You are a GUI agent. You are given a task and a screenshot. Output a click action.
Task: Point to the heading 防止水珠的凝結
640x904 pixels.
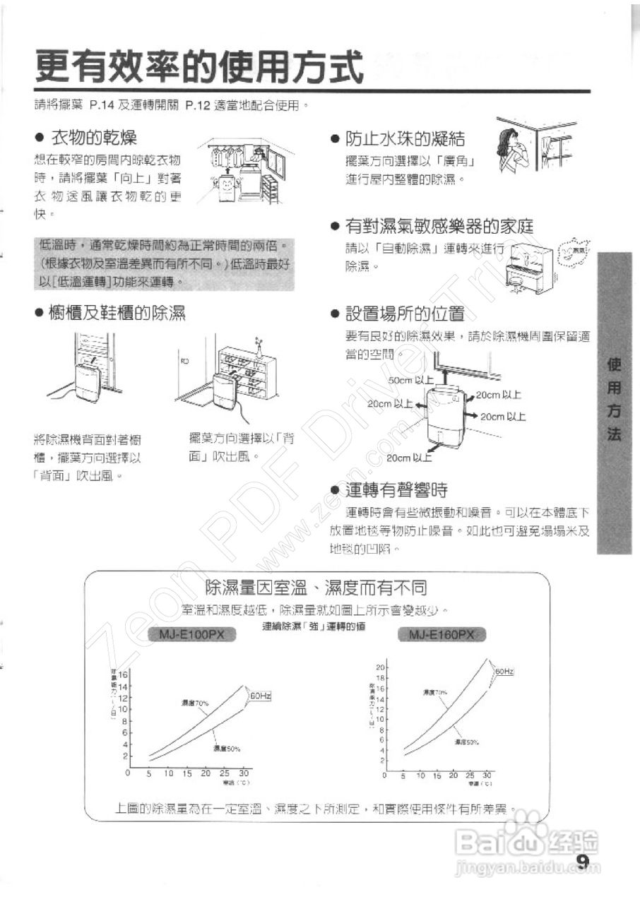tap(405, 139)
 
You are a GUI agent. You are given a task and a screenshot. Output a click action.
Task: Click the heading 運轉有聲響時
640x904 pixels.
tap(396, 489)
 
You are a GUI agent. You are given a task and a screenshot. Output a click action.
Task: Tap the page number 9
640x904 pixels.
tap(583, 860)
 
